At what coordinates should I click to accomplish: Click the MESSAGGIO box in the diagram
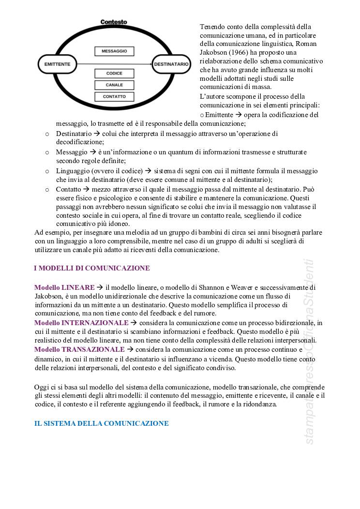(114, 51)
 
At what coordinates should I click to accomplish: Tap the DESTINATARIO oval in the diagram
(171, 64)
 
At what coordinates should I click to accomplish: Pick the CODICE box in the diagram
(114, 74)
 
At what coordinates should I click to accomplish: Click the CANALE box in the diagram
(114, 85)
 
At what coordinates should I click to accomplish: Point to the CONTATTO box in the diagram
(114, 97)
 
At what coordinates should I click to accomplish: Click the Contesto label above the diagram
(114, 22)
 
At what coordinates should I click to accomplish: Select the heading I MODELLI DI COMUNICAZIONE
(92, 268)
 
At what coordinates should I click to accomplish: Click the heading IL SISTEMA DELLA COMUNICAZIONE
(101, 423)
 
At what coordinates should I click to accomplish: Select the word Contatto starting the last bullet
(68, 190)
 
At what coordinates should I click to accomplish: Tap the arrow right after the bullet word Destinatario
(97, 134)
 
